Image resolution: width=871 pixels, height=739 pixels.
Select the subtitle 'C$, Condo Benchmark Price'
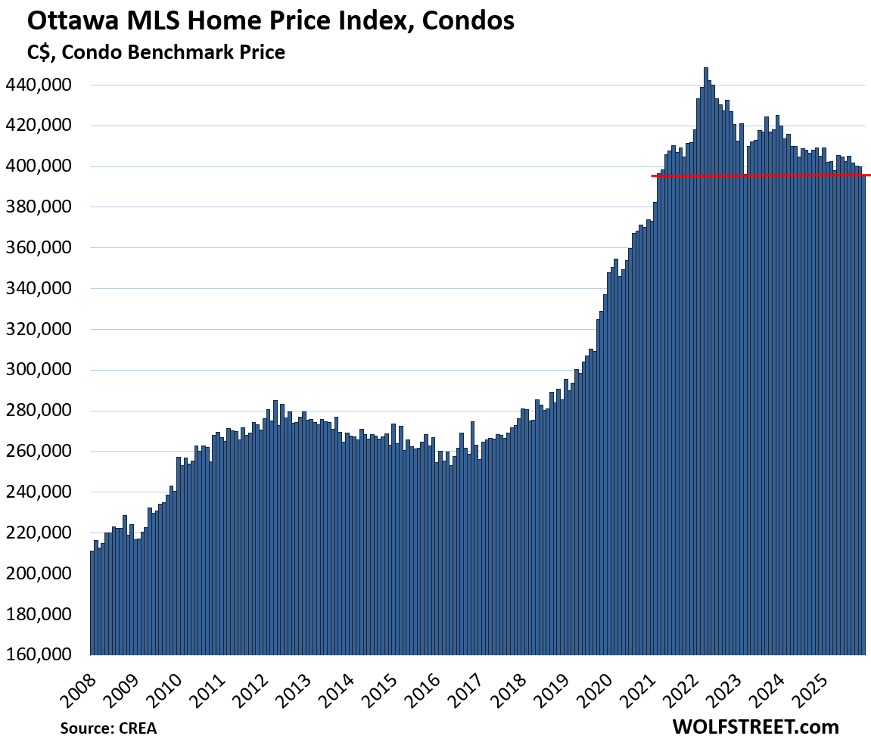click(x=156, y=52)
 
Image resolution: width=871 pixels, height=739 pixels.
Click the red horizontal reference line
click(x=757, y=175)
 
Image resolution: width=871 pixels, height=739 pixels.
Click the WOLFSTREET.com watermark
click(x=755, y=726)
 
